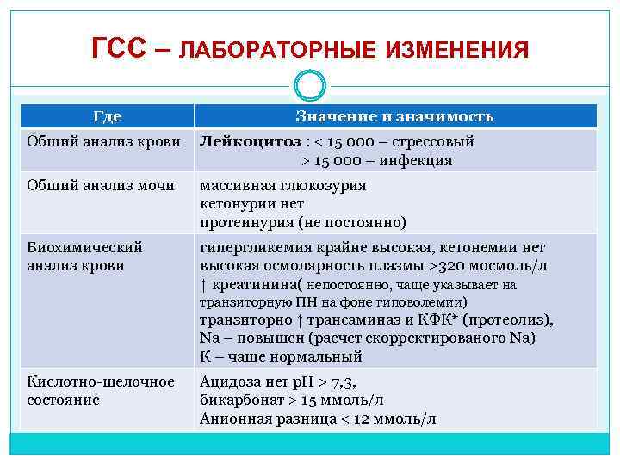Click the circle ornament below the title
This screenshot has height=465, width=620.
(x=310, y=85)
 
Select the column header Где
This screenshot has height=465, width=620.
(x=107, y=116)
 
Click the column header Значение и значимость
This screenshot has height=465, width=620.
(x=394, y=116)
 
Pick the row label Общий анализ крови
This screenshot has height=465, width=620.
(x=103, y=141)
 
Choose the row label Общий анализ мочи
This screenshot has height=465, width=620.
(x=101, y=184)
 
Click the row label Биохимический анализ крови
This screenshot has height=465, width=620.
(x=85, y=256)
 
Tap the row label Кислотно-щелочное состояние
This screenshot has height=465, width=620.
(x=101, y=390)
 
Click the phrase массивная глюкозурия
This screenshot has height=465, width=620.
(x=283, y=184)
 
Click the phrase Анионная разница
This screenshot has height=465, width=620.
(x=256, y=418)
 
